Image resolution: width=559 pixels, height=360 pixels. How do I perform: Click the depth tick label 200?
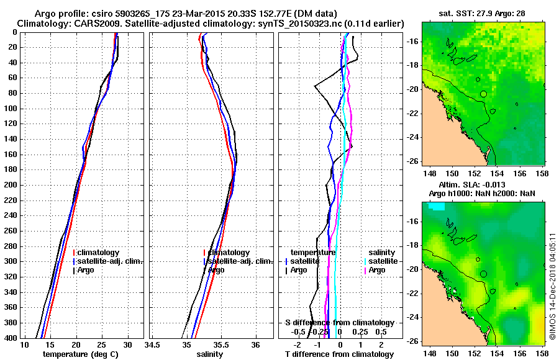(x=12, y=185)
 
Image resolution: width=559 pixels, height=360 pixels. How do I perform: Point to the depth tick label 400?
(x=12, y=338)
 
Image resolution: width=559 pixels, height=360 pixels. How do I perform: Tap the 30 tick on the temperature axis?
(x=128, y=344)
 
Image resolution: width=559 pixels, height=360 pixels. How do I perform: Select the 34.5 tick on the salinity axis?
(x=152, y=344)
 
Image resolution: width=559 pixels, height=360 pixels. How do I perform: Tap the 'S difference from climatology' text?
(x=339, y=323)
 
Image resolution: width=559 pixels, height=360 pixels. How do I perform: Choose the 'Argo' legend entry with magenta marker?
(x=377, y=270)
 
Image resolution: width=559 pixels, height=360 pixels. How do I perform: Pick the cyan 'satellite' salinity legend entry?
(x=384, y=261)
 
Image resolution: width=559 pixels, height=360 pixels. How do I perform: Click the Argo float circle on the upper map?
(x=483, y=94)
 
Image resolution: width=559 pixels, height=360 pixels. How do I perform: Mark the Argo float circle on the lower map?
(x=483, y=273)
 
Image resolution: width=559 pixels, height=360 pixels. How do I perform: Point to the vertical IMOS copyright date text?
(x=552, y=287)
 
